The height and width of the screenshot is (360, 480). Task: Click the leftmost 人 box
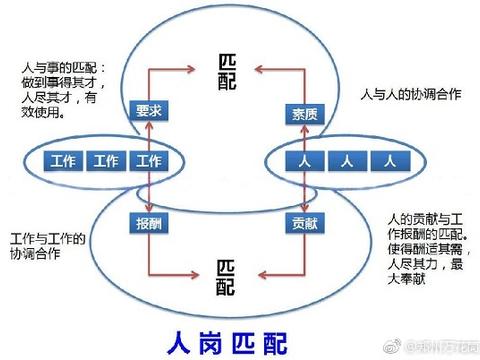click(x=302, y=161)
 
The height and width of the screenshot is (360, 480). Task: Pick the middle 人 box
click(x=345, y=161)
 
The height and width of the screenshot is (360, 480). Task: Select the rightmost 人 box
click(x=388, y=161)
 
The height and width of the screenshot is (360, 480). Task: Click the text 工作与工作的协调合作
click(x=47, y=246)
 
